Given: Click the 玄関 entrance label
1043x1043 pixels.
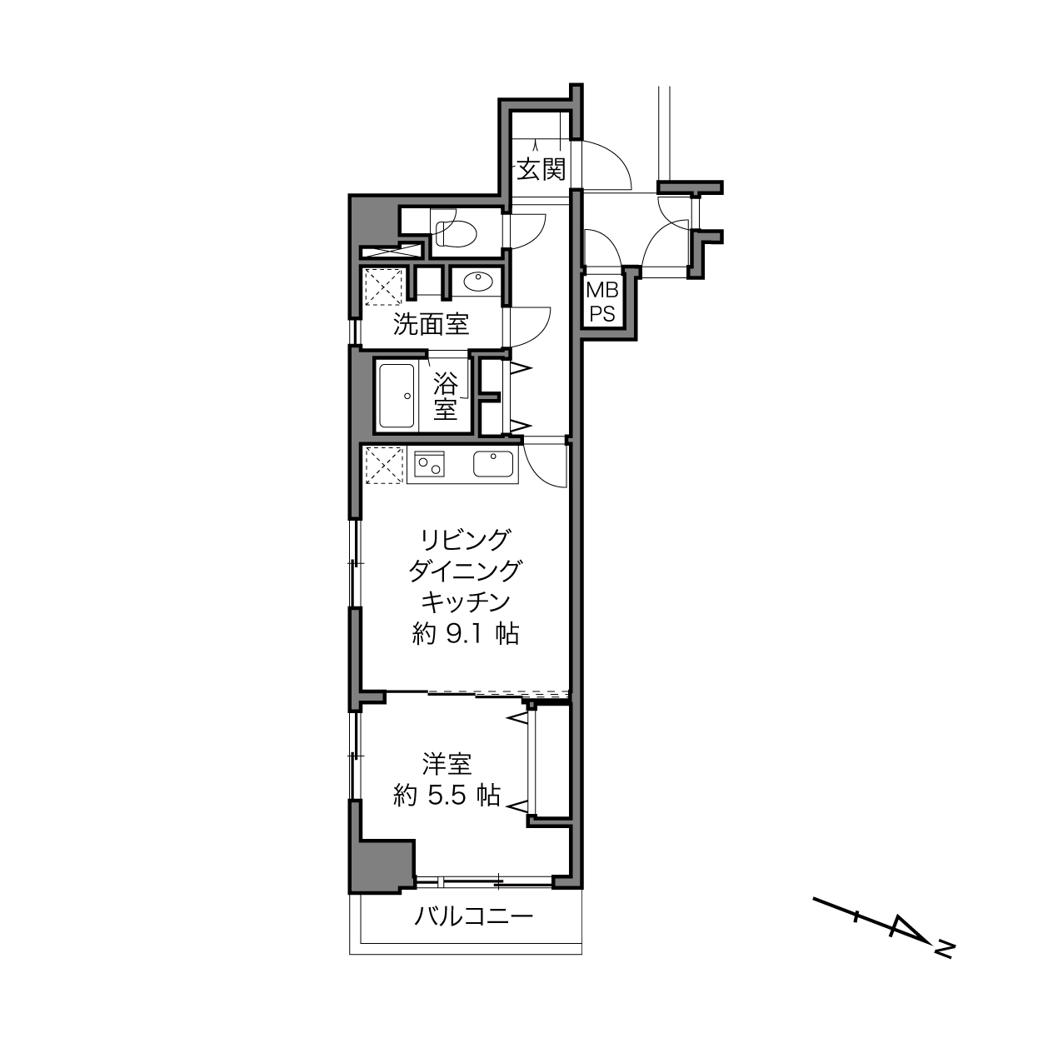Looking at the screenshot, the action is tap(541, 169).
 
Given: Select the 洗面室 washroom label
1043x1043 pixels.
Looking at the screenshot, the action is tap(431, 324).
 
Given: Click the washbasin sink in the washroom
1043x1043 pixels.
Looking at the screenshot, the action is tap(478, 282).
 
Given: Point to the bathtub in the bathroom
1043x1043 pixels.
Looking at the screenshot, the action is tap(397, 396).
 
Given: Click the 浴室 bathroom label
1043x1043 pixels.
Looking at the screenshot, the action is tap(445, 397).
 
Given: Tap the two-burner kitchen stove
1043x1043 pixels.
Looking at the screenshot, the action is tap(429, 464).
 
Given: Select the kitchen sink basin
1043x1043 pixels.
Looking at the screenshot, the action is tap(493, 464).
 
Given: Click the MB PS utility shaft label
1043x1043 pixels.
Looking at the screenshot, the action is tap(601, 302).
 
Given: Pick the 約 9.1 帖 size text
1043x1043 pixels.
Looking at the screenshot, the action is tap(466, 634).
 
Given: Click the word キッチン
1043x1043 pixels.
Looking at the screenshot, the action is tap(466, 601).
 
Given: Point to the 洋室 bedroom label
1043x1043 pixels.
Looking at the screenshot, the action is tap(447, 764).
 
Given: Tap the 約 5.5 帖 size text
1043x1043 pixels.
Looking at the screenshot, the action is tap(447, 795).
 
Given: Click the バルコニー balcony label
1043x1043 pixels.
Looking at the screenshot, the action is tap(474, 916).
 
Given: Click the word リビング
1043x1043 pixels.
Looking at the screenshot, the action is tap(466, 540).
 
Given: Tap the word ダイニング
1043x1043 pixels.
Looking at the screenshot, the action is tap(466, 571).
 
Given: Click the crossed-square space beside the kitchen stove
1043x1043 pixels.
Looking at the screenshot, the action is tap(384, 465).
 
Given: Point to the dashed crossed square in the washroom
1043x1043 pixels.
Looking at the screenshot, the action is tap(384, 286).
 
